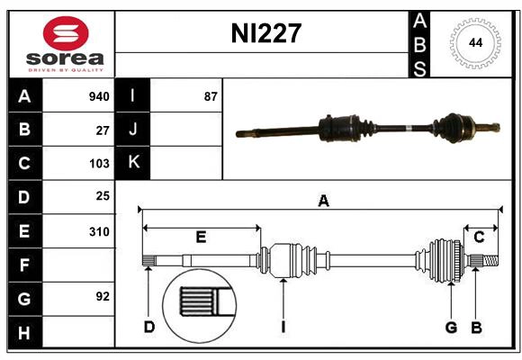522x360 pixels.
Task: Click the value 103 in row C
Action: click(x=99, y=164)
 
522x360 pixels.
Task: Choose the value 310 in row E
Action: click(x=99, y=231)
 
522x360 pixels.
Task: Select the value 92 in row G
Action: click(x=103, y=296)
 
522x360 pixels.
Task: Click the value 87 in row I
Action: click(x=211, y=96)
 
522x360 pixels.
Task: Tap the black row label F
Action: click(x=24, y=265)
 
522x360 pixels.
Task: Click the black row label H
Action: click(x=24, y=333)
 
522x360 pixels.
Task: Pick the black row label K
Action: click(x=133, y=163)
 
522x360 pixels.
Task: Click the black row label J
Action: click(x=133, y=130)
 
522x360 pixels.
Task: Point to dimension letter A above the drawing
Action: click(x=323, y=202)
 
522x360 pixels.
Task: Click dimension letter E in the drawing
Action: click(x=201, y=237)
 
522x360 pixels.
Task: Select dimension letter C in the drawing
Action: click(x=479, y=237)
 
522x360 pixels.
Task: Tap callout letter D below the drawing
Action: click(x=149, y=327)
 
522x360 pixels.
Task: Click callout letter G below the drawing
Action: click(x=451, y=327)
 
